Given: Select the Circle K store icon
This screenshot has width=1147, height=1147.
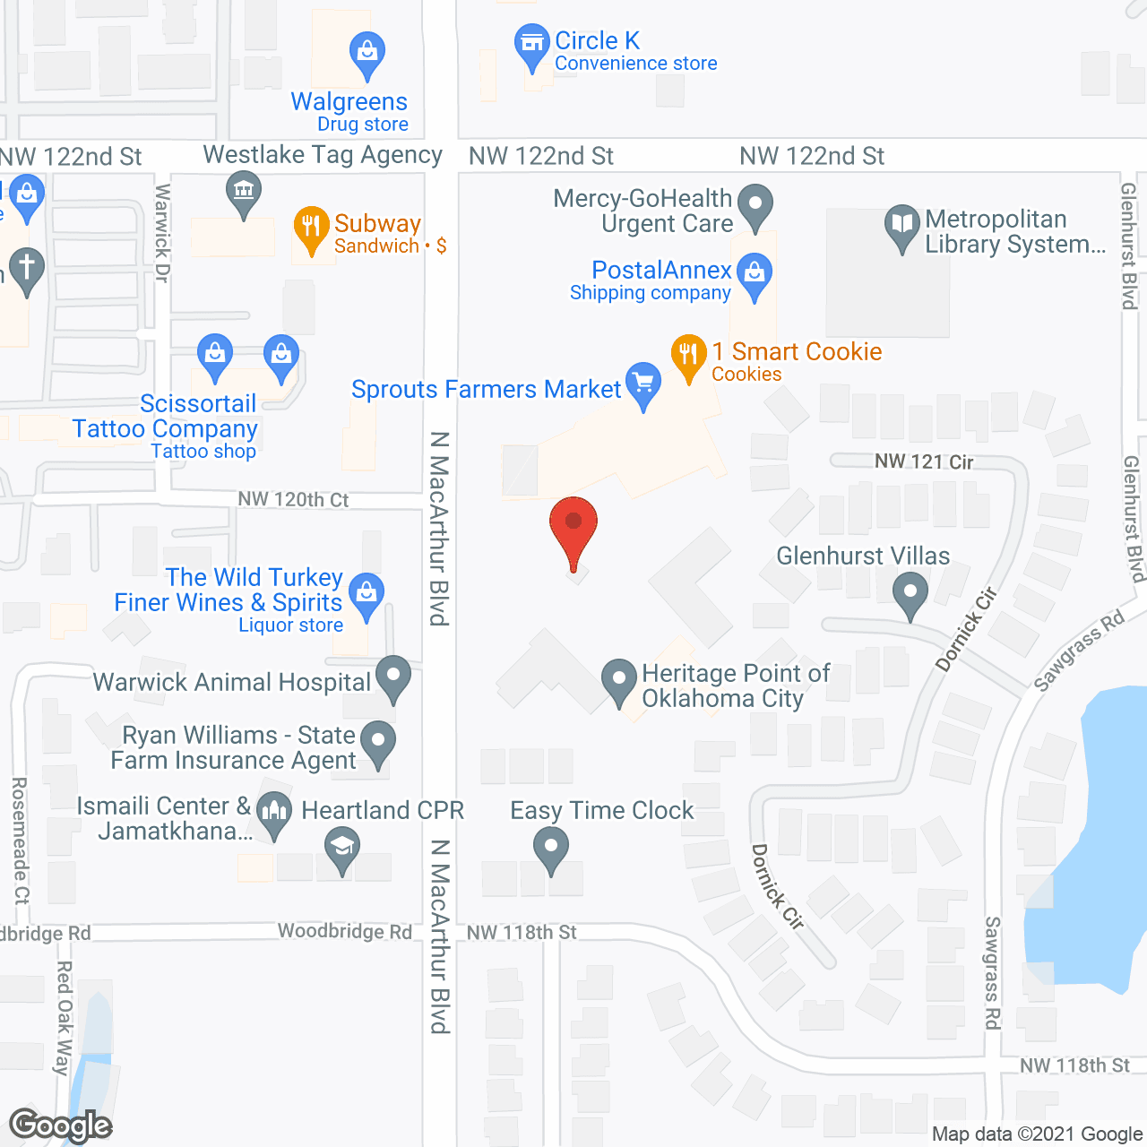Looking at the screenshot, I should coord(532,44).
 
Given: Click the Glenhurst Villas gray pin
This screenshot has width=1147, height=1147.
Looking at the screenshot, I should coord(910,594).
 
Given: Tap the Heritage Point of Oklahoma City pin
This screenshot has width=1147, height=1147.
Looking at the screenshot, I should coord(618,680).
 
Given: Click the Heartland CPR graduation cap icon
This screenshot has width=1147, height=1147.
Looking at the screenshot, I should coord(341,848).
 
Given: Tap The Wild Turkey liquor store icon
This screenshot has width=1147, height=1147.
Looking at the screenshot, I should coord(367,593).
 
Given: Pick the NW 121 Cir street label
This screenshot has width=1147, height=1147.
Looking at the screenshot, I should coord(924,461).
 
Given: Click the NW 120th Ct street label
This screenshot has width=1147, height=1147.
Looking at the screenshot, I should coord(293,499).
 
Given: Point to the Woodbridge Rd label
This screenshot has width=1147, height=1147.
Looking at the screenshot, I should coord(345,931).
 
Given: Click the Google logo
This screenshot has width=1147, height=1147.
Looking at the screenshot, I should coord(61,1125).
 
